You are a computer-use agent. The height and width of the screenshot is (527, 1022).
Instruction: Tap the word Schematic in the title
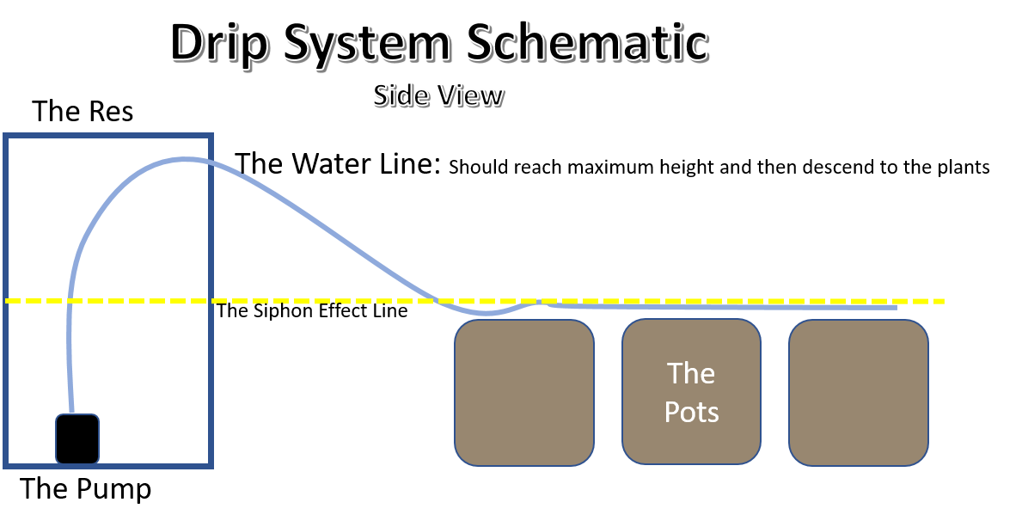coord(587,41)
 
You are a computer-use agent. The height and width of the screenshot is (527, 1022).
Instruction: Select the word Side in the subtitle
coord(401,95)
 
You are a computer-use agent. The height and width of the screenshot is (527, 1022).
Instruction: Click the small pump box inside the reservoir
coord(77,438)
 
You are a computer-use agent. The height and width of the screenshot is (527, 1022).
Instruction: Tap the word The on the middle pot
coord(691,373)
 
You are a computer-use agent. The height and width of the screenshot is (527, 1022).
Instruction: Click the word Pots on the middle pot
coord(691,412)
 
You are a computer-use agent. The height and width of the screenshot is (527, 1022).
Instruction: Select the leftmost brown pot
coord(524,393)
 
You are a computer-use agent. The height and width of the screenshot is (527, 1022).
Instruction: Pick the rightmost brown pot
coord(859,393)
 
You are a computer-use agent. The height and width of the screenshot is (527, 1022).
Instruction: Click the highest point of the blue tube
coord(182,159)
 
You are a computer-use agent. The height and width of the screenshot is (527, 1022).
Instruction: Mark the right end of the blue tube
coord(896,307)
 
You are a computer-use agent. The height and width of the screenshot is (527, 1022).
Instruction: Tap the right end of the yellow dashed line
coord(943,301)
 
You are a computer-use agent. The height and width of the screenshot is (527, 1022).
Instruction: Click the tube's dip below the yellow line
coord(487,313)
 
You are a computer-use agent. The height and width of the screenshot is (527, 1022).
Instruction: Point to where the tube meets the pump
coord(73,414)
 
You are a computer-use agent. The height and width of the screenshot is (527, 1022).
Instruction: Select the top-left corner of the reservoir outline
coord(6,136)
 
